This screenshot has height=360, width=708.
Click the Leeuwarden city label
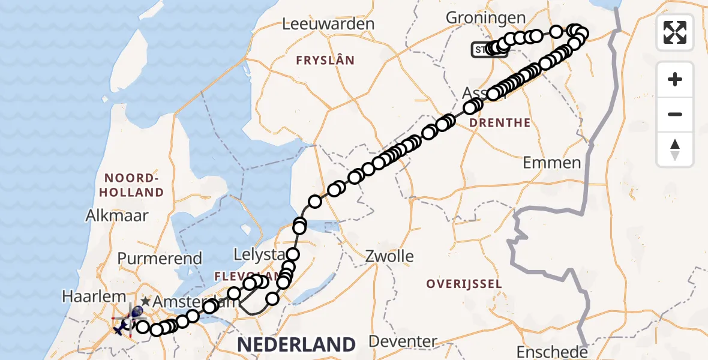328,25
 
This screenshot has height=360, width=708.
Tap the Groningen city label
485,18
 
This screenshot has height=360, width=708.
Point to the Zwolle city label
390,256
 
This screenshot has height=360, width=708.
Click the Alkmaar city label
117,215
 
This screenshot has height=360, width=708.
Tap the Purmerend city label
160,259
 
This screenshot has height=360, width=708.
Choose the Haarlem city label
93,296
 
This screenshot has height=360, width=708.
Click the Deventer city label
403,341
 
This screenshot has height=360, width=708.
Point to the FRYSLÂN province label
325,61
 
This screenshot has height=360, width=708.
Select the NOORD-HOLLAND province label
134,185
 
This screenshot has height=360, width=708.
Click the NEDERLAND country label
296,344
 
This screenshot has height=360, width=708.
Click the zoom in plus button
675,79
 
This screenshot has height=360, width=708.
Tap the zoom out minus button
675,114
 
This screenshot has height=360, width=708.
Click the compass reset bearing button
675,149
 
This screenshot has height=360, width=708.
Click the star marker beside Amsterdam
145,301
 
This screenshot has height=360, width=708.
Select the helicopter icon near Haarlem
121,327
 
